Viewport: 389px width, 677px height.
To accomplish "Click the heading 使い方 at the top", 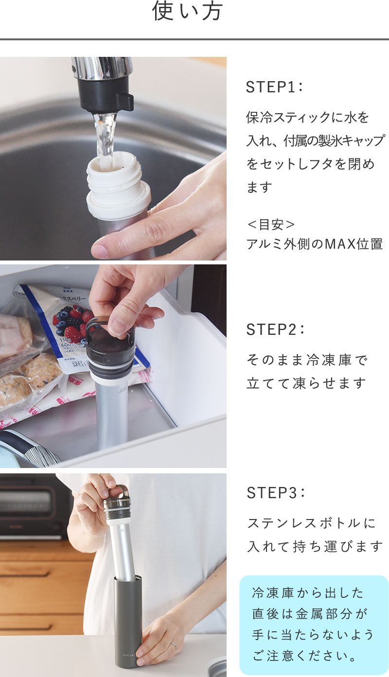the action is [188, 11].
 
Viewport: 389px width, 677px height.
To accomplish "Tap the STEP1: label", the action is [274, 87].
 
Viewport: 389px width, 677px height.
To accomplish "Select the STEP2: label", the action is [275, 330].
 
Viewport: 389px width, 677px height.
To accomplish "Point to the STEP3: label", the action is [275, 493].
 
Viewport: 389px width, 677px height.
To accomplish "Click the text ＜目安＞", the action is [271, 225].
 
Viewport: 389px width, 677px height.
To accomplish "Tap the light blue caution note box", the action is [314, 625].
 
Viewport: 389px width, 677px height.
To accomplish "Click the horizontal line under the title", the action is [194, 39].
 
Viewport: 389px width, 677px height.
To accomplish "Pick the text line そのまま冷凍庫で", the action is [307, 360].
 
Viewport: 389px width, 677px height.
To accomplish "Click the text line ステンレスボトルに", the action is [311, 523].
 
